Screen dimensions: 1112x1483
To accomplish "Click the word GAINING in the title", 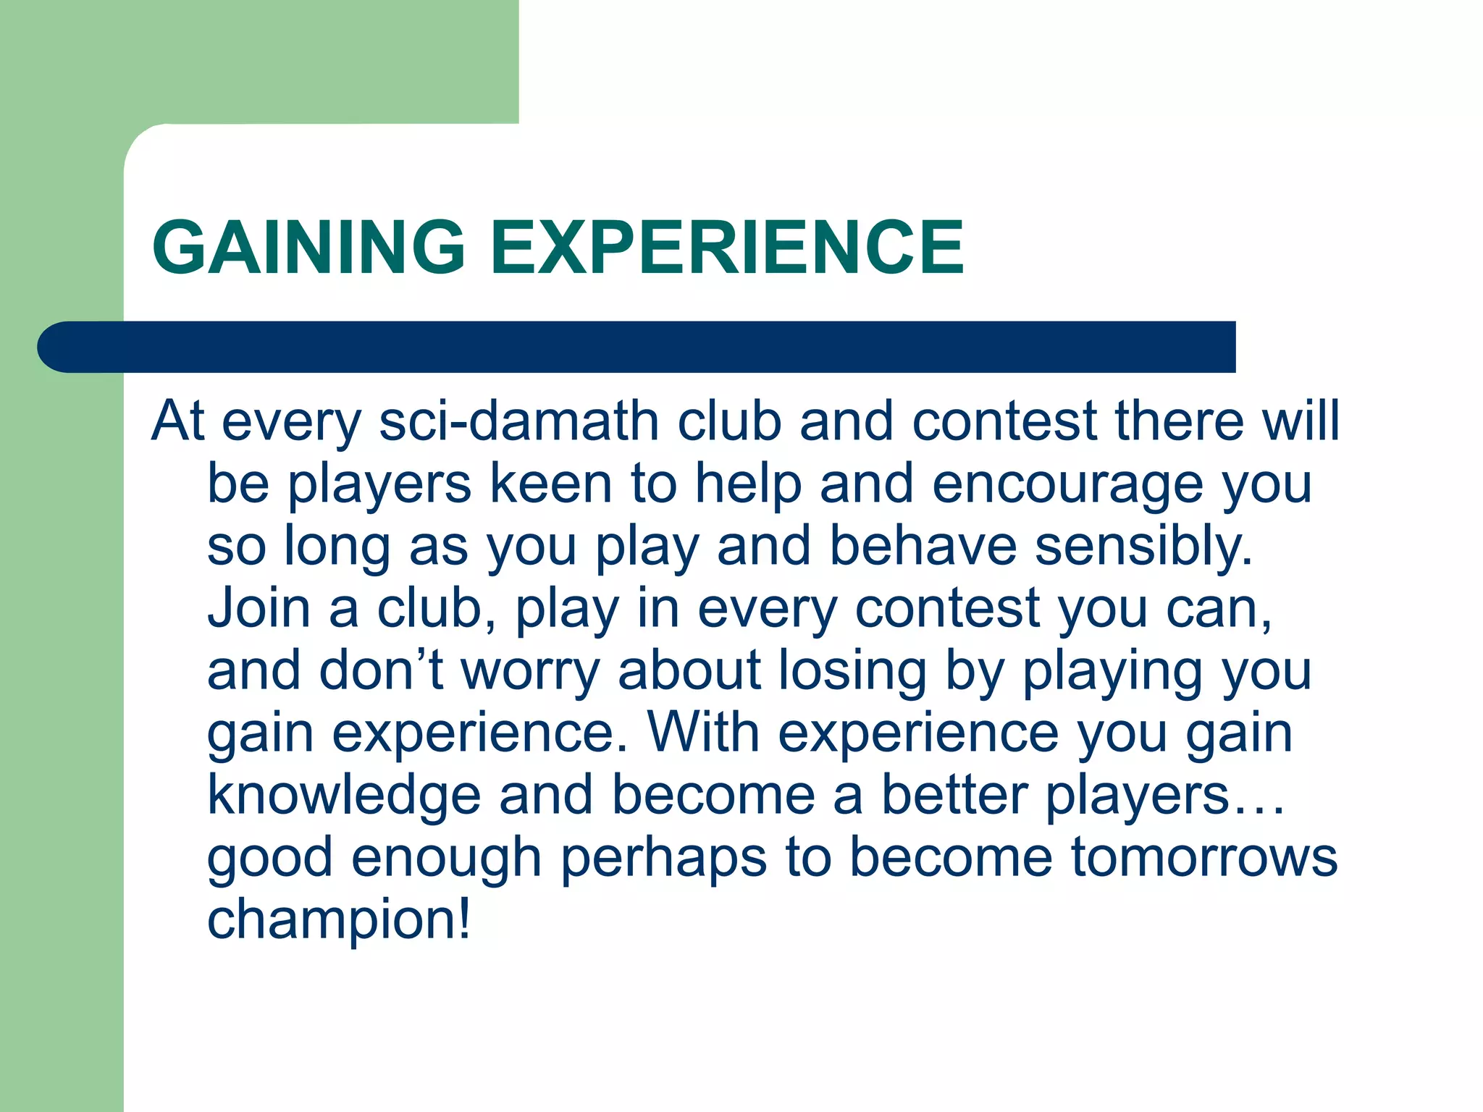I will (308, 248).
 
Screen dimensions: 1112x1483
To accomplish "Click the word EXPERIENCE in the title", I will (727, 248).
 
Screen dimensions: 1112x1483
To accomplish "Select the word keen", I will (550, 484).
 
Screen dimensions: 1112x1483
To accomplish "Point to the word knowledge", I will (344, 796).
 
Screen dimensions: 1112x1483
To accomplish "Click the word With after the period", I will (703, 733).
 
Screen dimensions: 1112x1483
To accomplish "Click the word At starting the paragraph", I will (177, 421).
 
